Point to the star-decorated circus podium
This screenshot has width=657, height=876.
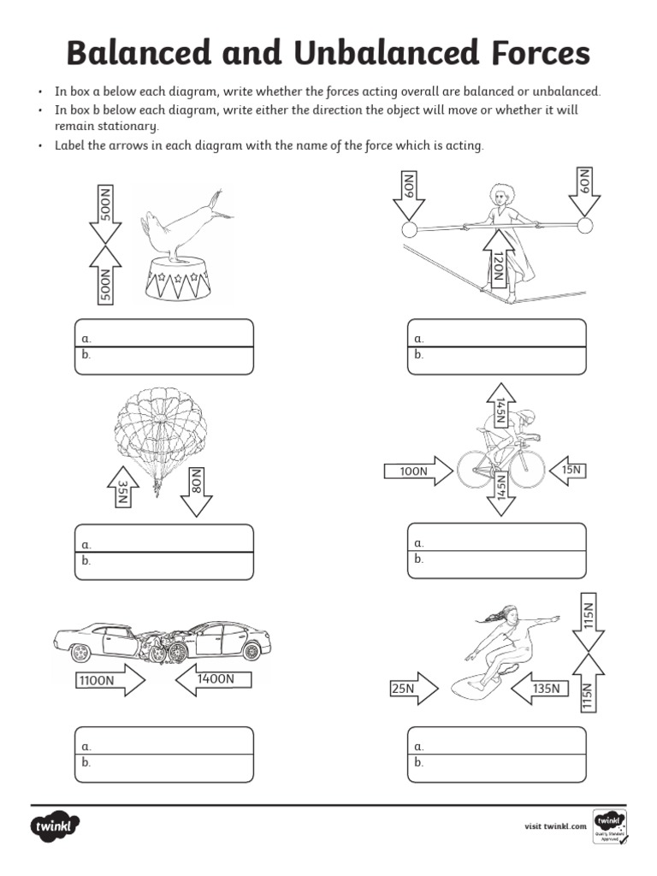pyautogui.click(x=178, y=279)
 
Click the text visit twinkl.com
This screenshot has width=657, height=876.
pyautogui.click(x=555, y=826)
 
